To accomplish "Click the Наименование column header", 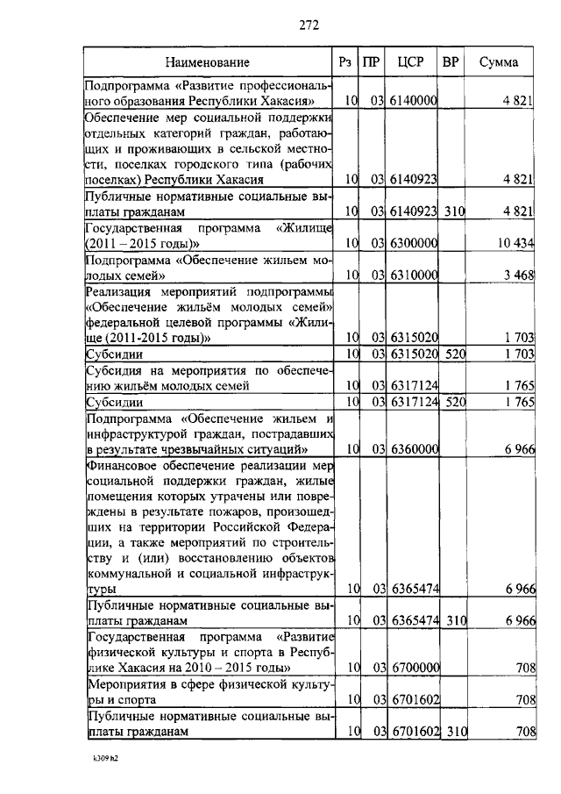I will coord(208,62).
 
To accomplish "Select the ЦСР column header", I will coord(411,62).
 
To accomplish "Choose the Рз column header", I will coord(346,62).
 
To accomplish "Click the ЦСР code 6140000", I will coord(414,102).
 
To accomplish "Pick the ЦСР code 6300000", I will coord(414,242).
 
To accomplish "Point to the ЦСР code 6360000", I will coord(414,448).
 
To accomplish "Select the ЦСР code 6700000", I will coord(414,669).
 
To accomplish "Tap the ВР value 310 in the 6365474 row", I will coord(453,621).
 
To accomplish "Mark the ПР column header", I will coord(372,62).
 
